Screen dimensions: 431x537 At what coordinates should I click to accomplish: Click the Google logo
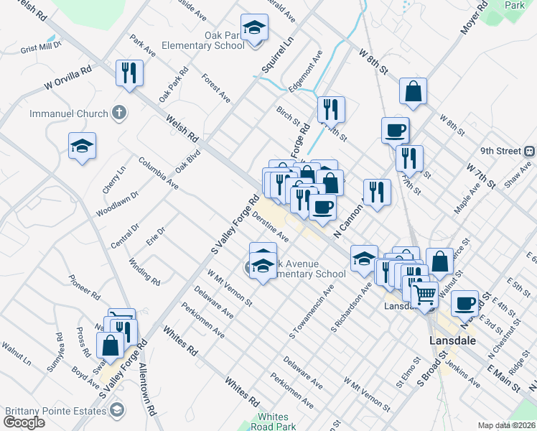pos(24,422)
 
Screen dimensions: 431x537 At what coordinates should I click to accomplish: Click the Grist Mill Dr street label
pos(42,48)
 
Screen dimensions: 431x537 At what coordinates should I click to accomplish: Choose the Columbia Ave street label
pos(159,173)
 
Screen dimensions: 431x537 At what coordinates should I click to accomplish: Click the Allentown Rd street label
pos(147,391)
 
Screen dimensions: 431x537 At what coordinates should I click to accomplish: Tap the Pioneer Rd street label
pos(84,285)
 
